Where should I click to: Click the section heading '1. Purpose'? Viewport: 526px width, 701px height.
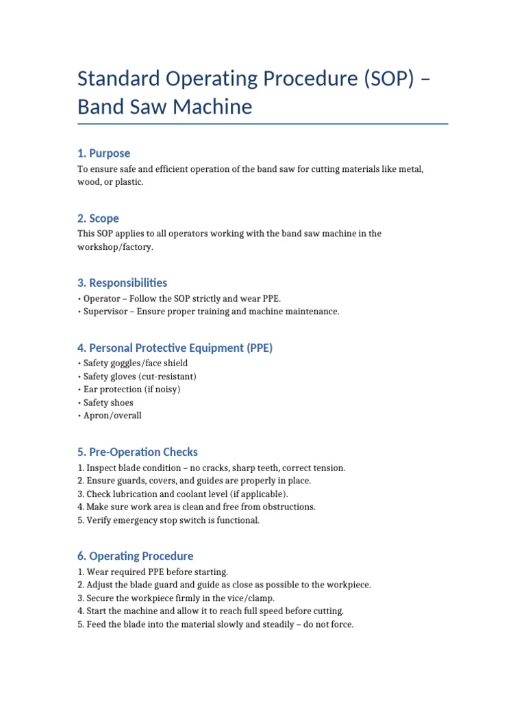coord(103,153)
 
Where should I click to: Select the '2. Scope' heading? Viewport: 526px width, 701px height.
coord(98,218)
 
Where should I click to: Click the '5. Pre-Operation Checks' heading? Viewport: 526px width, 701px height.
coord(137,452)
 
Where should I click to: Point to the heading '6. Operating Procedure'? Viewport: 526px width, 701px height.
coord(135,556)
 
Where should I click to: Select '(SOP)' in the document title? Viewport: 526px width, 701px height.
coord(384,79)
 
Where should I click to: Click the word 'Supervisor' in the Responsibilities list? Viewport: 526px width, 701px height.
coord(106,311)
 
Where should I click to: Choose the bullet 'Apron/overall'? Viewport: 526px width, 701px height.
coord(112,416)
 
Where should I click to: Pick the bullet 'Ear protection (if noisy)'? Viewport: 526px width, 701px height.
coord(131,390)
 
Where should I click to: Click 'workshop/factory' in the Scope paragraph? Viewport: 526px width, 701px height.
coord(114,247)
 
